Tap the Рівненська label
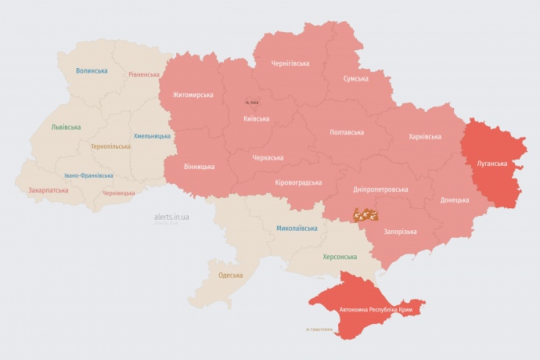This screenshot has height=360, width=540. [145, 75]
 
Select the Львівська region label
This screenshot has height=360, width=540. [65, 127]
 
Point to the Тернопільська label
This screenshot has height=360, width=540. [110, 146]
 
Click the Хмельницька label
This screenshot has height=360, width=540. [152, 135]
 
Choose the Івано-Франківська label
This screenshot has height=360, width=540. [88, 175]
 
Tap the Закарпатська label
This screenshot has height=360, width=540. [48, 190]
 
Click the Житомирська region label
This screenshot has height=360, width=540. [187, 95]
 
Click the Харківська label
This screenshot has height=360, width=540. [424, 136]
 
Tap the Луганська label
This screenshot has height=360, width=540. [491, 164]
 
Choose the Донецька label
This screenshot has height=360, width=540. [455, 200]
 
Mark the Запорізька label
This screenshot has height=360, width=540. [400, 232]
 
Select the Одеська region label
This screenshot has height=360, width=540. [230, 275]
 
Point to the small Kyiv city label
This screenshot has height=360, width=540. [251, 102]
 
